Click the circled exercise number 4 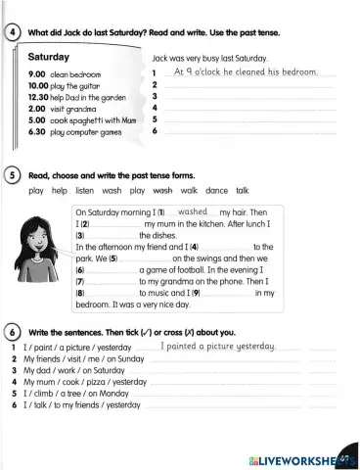11,34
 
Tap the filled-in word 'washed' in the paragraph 196,211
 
